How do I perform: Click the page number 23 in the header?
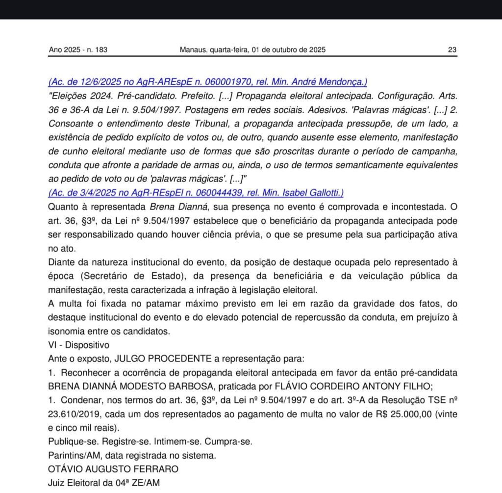tap(452, 49)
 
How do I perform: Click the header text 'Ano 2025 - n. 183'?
tap(78, 49)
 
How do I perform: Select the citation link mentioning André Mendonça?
tap(208, 82)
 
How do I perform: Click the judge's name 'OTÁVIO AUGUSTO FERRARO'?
tap(113, 469)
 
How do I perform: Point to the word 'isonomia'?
tap(65, 331)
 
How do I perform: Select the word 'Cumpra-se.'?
tap(230, 441)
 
